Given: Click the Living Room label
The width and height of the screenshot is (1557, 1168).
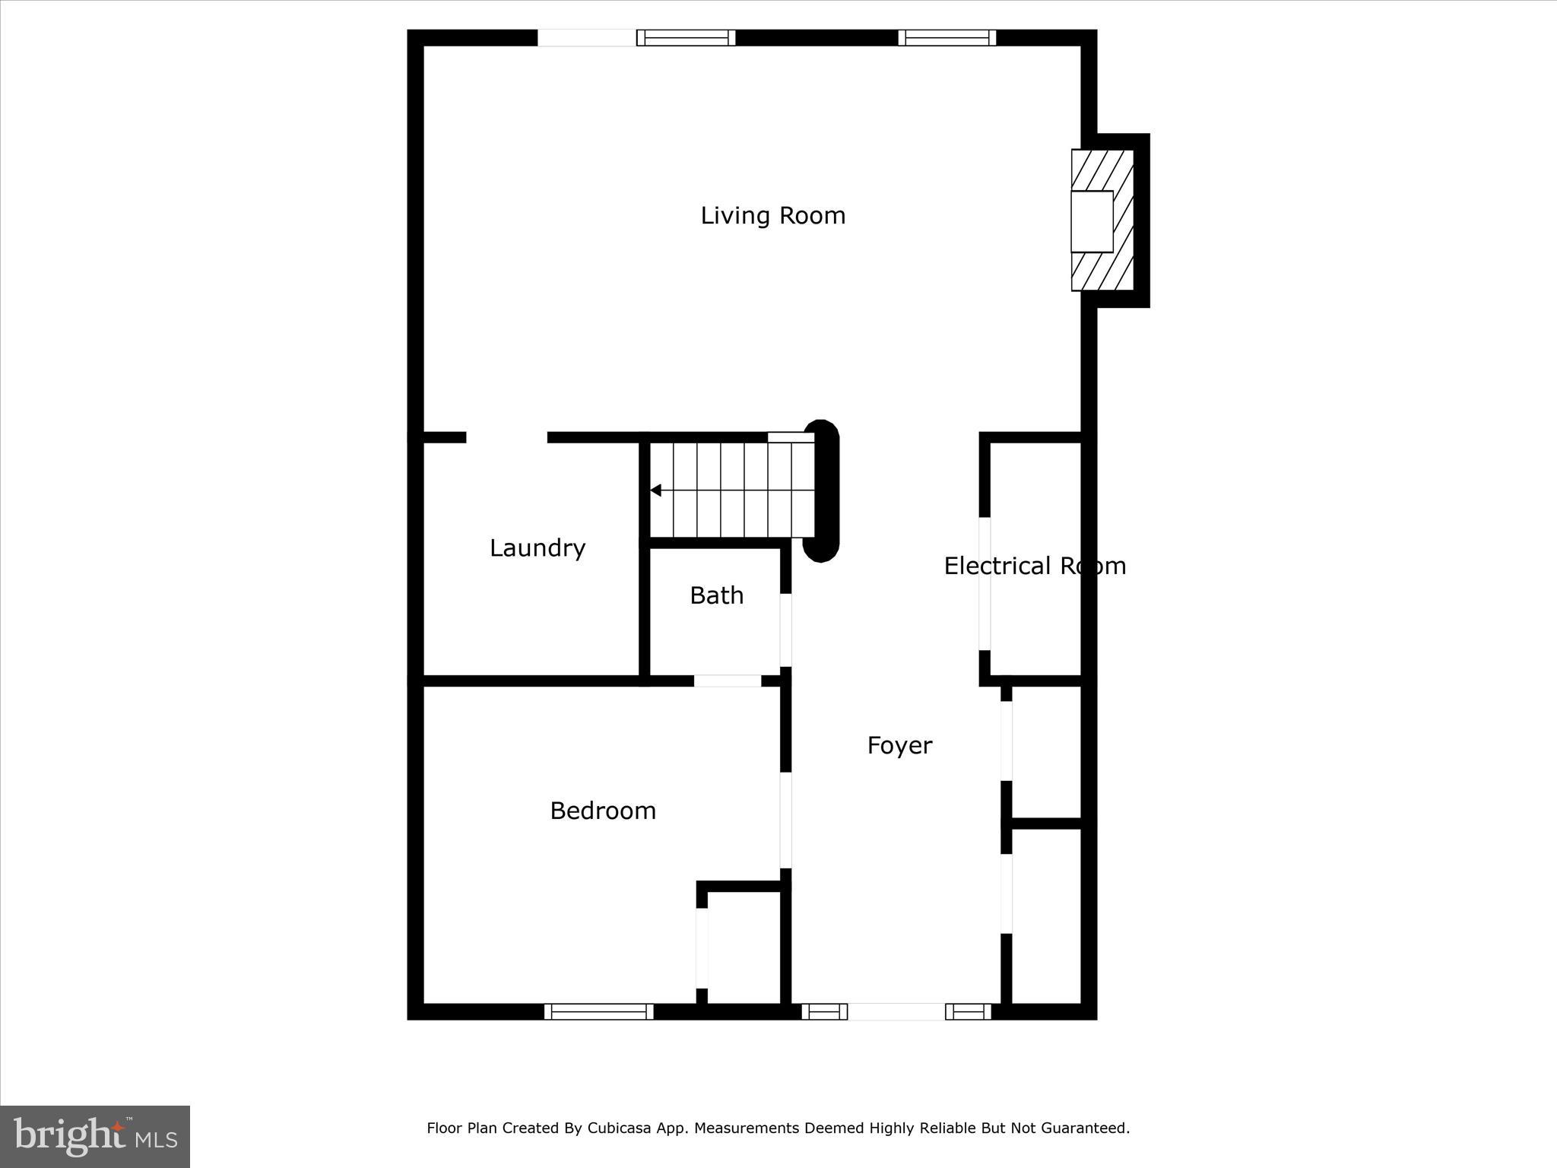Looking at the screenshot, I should coord(772,216).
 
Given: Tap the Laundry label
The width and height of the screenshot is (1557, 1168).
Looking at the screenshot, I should coord(537,548).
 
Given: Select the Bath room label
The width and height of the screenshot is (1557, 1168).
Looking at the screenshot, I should coord(716,595).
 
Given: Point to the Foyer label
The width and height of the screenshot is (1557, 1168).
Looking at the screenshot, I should coord(899,745).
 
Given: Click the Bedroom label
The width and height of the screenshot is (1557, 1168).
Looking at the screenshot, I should coord(603,811).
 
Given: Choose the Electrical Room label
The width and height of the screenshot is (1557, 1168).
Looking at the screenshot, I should coord(1034,566).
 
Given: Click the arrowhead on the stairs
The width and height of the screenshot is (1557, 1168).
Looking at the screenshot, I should coord(655,490).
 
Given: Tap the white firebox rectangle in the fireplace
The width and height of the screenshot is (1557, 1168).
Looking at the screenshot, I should coord(1092,221).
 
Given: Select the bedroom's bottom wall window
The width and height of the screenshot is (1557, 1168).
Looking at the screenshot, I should coord(598,1011).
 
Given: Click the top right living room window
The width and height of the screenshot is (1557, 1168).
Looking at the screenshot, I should coord(947,37).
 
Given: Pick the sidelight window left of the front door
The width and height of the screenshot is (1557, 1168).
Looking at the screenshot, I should coord(824,1011).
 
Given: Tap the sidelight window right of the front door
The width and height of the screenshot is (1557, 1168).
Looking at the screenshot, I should coord(968,1011).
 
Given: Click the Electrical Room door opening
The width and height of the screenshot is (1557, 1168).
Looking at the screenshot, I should coord(985,583).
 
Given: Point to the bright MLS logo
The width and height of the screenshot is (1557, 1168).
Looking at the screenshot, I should coord(95,1136).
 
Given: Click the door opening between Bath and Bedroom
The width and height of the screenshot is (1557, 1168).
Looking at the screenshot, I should coord(728,681).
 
